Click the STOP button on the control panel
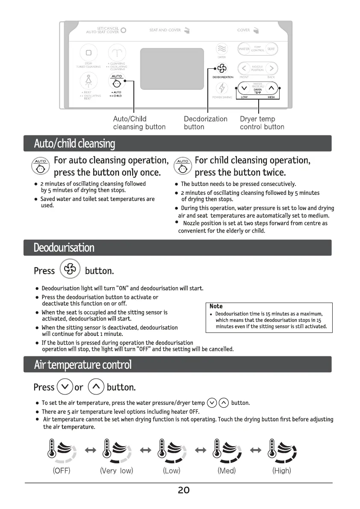click(89, 53)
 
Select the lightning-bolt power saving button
click(221, 88)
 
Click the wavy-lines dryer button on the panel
click(221, 49)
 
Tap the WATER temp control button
click(244, 49)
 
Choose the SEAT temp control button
click(271, 49)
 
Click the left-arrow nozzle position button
click(244, 68)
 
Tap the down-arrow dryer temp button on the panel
click(244, 88)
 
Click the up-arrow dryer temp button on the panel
click(271, 88)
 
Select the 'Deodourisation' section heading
click(64, 247)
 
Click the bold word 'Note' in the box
click(216, 306)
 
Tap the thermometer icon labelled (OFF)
click(61, 451)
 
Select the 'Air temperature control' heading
click(83, 365)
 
